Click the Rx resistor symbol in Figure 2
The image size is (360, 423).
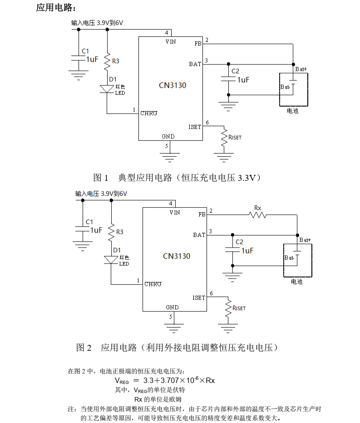click(257, 215)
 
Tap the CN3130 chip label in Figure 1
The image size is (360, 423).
click(173, 85)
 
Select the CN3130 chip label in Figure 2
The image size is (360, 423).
click(177, 256)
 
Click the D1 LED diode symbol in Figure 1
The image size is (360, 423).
click(107, 89)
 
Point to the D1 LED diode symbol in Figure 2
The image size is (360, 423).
click(111, 260)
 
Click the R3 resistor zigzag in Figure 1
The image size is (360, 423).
click(107, 61)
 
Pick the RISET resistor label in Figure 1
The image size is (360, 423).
click(235, 137)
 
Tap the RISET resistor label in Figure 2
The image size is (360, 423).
click(239, 308)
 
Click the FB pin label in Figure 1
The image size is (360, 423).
click(198, 44)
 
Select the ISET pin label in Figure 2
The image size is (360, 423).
click(199, 298)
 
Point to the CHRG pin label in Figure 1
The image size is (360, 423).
click(149, 113)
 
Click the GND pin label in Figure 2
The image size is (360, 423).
click(172, 307)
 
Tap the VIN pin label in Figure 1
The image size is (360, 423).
click(171, 42)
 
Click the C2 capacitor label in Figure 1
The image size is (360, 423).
click(235, 71)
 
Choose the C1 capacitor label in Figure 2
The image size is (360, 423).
click(89, 222)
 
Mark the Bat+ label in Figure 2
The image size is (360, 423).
click(305, 240)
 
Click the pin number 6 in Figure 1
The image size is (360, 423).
click(207, 123)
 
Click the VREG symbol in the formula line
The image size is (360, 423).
click(122, 381)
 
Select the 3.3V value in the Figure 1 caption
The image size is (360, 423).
click(247, 178)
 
